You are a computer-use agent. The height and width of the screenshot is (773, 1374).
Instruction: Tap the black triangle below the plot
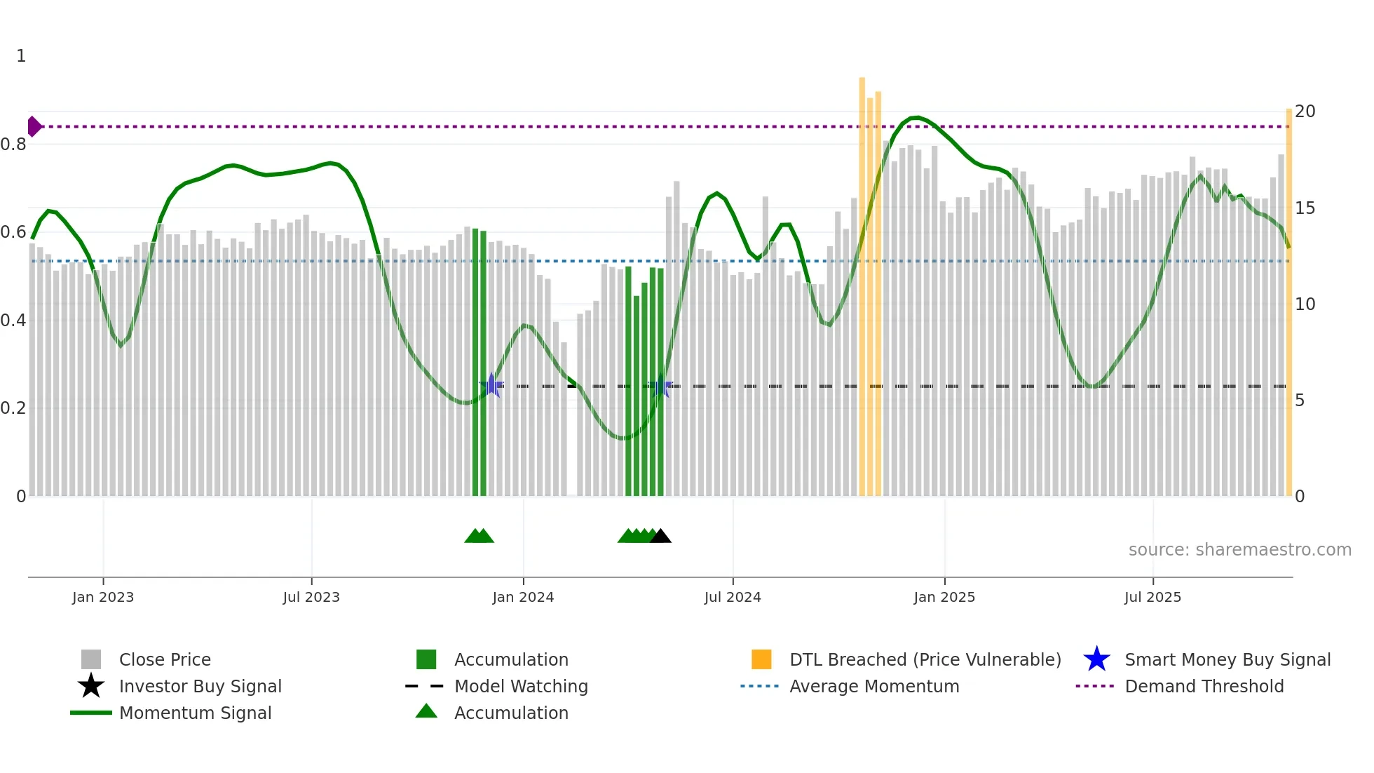click(x=660, y=537)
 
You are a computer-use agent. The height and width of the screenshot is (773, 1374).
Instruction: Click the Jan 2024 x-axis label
click(x=523, y=597)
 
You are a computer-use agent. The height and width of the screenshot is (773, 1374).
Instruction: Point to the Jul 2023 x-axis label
click(x=311, y=597)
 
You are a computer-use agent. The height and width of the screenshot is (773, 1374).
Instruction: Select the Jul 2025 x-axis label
click(x=1152, y=597)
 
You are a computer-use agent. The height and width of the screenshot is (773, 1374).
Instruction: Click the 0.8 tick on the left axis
click(x=13, y=144)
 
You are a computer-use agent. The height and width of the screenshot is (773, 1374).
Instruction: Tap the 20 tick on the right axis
click(x=1305, y=112)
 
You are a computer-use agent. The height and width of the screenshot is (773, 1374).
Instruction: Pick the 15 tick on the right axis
click(x=1305, y=208)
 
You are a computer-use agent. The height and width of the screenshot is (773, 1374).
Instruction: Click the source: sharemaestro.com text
click(x=1239, y=550)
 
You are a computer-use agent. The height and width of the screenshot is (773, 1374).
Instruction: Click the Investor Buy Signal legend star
click(x=91, y=686)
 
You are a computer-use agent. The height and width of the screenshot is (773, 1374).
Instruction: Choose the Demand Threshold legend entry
click(x=1204, y=686)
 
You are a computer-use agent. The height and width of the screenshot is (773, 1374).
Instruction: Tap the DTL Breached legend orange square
click(x=761, y=659)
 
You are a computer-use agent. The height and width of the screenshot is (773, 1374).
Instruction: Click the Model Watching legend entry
click(x=520, y=686)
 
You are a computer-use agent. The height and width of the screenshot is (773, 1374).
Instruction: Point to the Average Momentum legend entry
click(x=873, y=686)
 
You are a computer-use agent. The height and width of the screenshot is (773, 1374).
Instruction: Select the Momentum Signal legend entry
click(x=195, y=713)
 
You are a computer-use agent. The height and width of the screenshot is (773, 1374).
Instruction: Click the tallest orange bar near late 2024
click(x=862, y=281)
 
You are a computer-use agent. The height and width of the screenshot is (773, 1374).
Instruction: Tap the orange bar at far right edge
click(x=1288, y=302)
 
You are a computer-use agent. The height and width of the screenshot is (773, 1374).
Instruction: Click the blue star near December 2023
click(x=492, y=385)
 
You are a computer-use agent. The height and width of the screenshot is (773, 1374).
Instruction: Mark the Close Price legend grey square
click(x=91, y=659)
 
